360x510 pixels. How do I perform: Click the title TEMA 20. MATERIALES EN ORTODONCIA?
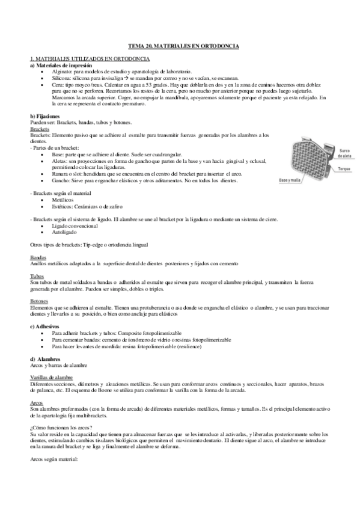click(184, 46)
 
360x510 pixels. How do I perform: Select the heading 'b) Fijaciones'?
click(44, 115)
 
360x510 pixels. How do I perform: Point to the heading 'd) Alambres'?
click(44, 359)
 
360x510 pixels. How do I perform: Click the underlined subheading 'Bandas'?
click(38, 257)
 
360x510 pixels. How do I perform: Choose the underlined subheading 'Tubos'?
click(37, 276)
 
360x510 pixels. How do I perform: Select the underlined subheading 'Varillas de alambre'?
click(52, 376)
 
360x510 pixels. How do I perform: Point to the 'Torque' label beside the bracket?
click(344, 169)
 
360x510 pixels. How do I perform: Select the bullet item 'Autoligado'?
click(66, 231)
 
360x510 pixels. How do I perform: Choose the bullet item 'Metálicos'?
click(64, 198)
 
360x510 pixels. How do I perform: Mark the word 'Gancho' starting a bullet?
click(61, 180)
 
